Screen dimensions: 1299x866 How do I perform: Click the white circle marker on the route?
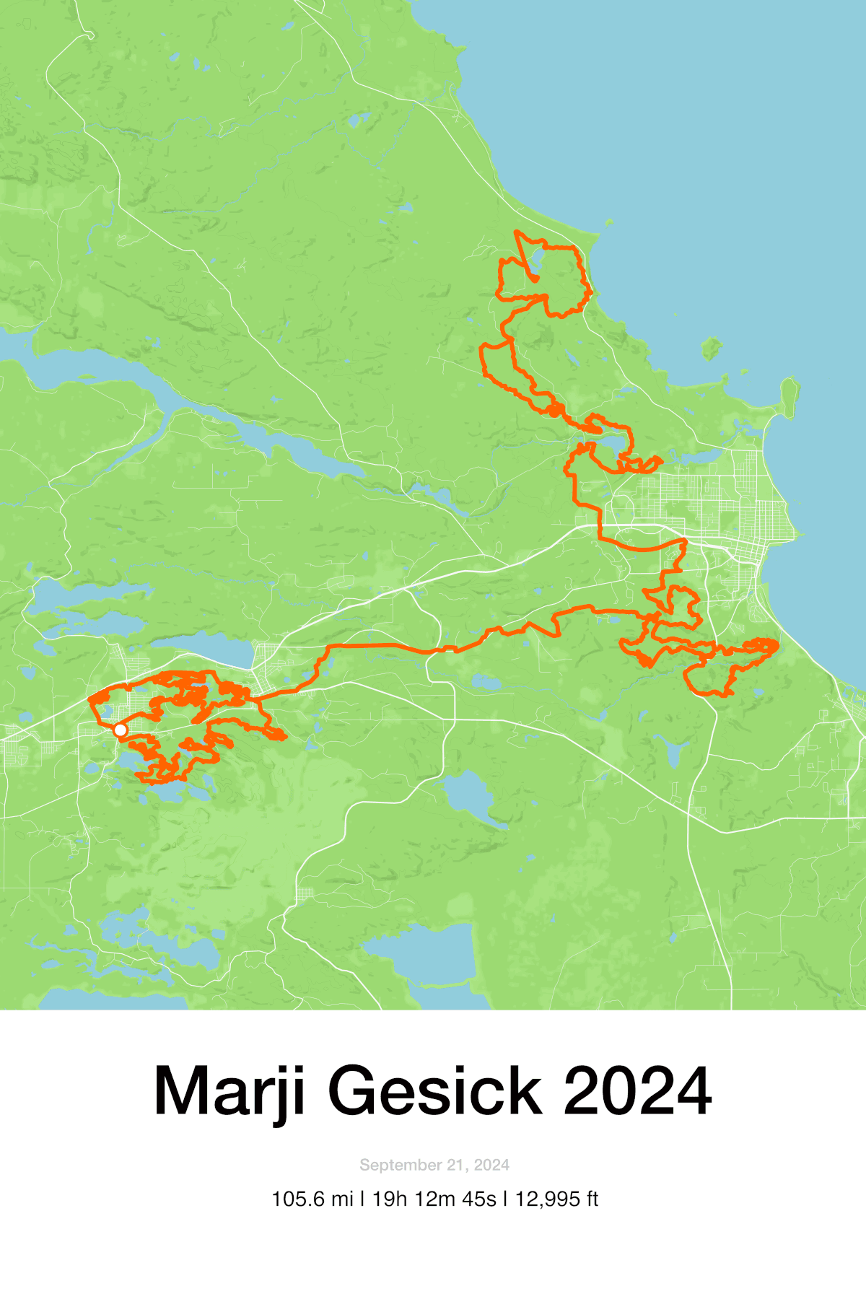click(121, 730)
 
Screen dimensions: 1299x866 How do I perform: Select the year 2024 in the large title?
click(637, 1091)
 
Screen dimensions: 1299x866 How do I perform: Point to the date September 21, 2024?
click(434, 1165)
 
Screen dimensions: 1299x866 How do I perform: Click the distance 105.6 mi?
click(312, 1199)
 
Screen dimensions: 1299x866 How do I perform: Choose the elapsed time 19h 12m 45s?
click(434, 1199)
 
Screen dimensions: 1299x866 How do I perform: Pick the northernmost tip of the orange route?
click(517, 232)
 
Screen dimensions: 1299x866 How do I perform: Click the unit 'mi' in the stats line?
click(343, 1199)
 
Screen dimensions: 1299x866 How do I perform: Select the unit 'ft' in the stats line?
click(592, 1199)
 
